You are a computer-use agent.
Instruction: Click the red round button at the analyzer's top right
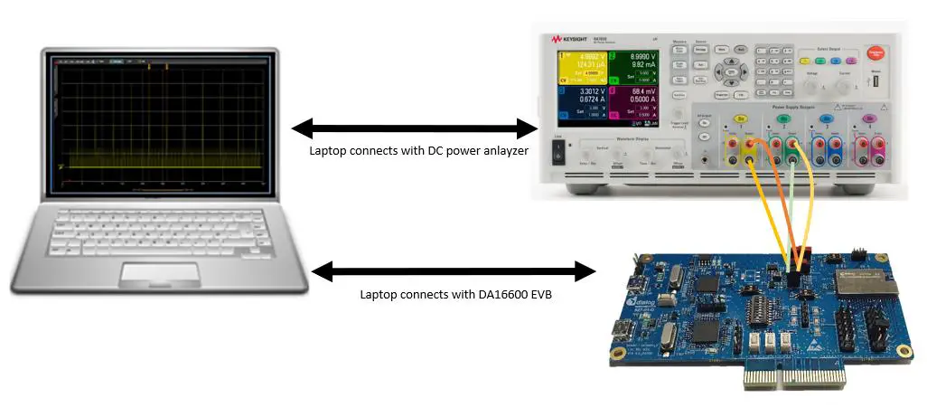pos(874,53)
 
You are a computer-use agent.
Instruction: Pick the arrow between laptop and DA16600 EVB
pos(452,270)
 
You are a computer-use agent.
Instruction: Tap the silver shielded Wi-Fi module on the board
pos(863,285)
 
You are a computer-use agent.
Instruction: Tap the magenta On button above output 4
pos(869,118)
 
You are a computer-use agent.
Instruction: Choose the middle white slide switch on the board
pos(771,343)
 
